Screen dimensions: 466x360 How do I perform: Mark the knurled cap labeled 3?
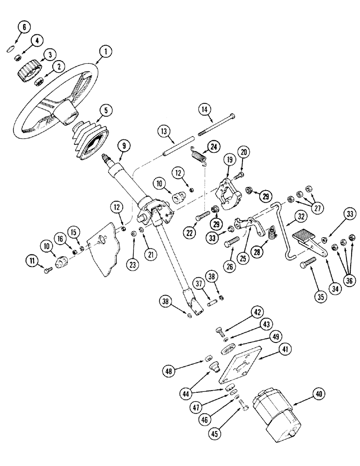[28, 71]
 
